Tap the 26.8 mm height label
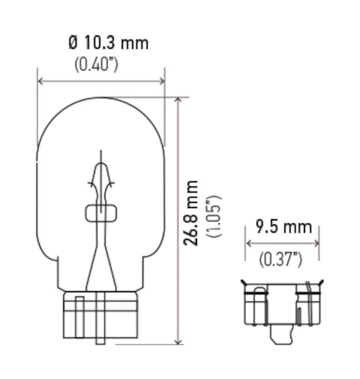pos(192,213)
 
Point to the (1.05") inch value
pos(212,216)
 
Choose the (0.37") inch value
pos(281,259)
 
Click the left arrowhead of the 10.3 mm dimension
pos(41,81)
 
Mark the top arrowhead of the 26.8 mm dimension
pos(178,101)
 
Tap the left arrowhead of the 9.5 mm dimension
pos(249,243)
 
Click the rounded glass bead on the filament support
pos(100,213)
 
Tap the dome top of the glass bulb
pos(101,100)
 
